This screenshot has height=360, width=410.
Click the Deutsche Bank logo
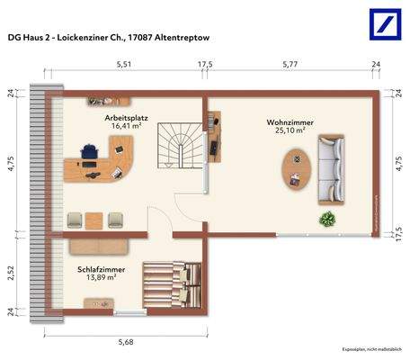click(383, 24)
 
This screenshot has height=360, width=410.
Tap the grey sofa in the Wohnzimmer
click(333, 167)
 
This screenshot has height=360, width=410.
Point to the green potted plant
click(325, 218)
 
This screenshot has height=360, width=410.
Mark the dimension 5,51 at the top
click(123, 65)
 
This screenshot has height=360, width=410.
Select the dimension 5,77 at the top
click(290, 65)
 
